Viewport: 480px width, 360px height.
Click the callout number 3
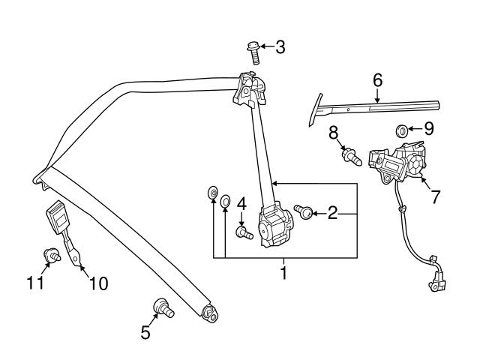[280, 48]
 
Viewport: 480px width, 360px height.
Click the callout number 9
[428, 129]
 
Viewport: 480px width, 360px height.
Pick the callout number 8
[333, 133]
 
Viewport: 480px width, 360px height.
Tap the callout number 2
[331, 214]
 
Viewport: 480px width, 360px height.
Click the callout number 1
[283, 272]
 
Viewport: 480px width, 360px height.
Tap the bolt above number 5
[161, 306]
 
